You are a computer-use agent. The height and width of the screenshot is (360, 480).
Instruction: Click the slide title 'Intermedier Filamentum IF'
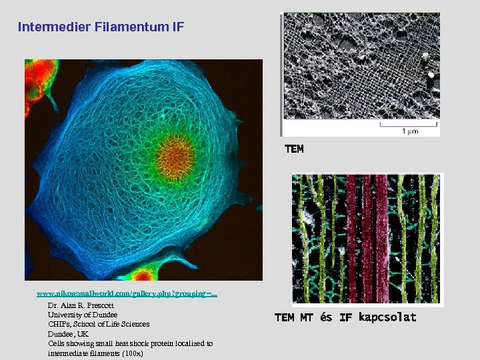coord(101,27)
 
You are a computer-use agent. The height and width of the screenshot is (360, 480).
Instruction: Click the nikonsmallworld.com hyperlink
coord(127,293)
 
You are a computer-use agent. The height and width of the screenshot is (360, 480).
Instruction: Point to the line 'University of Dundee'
coord(83,315)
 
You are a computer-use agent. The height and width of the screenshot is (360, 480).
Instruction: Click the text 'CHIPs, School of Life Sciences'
coord(99,324)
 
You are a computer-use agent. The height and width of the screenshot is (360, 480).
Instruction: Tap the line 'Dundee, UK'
coord(67,334)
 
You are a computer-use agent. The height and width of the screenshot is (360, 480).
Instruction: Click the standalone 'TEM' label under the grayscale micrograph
coord(294,149)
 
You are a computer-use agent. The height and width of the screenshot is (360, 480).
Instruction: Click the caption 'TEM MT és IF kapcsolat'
coord(345,317)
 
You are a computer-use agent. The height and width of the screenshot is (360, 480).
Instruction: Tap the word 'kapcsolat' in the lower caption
coord(387,317)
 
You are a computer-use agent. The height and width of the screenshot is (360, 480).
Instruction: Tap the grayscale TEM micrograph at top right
coord(361,73)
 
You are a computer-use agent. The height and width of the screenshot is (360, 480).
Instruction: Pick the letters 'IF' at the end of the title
coord(177,27)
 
